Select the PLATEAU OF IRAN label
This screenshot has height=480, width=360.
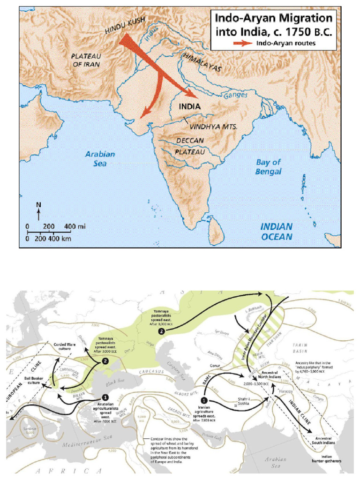[x=86, y=60]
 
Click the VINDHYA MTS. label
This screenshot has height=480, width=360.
[x=213, y=127]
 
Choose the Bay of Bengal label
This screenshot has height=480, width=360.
[x=269, y=166]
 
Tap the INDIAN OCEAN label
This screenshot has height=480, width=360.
[x=277, y=232]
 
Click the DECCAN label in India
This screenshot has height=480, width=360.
[x=190, y=140]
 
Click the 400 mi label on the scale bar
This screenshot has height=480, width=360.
[x=75, y=227]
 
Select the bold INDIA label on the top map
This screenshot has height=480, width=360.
[x=190, y=106]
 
